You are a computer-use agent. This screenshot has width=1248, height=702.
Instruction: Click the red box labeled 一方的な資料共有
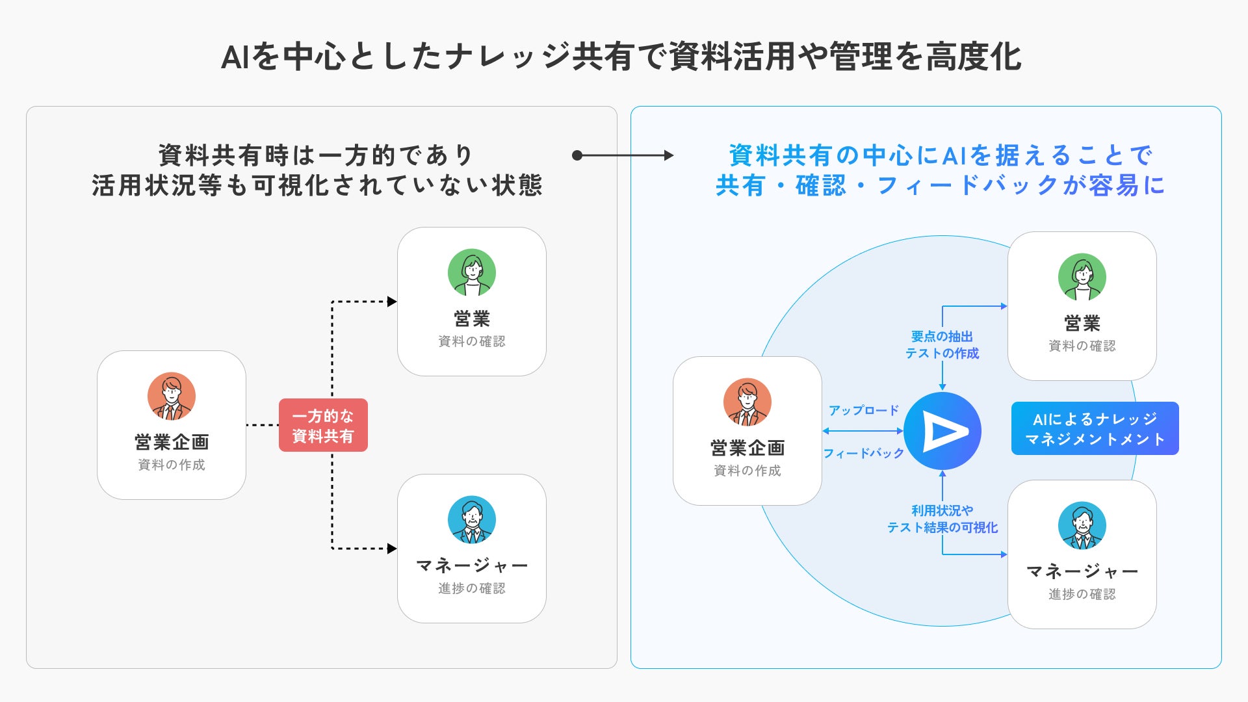click(x=323, y=425)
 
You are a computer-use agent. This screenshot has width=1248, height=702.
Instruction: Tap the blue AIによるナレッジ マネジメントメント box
click(x=1095, y=428)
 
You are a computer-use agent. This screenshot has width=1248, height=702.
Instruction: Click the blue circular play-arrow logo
click(x=942, y=431)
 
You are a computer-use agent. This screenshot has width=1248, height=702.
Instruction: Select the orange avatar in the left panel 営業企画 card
click(x=172, y=396)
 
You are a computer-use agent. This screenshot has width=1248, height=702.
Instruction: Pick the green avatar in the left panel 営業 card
click(x=472, y=272)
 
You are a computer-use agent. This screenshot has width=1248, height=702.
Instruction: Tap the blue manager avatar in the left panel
click(x=472, y=519)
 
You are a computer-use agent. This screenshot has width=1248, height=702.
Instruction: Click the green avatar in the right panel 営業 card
click(x=1082, y=277)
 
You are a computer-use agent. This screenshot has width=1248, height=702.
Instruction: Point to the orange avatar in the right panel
click(x=747, y=402)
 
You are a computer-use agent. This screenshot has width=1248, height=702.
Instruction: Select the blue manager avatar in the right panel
click(x=1082, y=525)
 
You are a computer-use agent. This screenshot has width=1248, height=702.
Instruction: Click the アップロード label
click(x=863, y=410)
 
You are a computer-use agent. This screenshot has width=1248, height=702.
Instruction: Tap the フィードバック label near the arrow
click(x=863, y=453)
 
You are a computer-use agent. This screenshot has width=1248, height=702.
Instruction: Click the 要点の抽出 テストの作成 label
click(x=942, y=344)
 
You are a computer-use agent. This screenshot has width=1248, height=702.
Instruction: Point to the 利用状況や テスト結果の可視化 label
click(x=942, y=519)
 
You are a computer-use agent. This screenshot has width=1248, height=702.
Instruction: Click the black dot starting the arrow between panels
click(x=577, y=155)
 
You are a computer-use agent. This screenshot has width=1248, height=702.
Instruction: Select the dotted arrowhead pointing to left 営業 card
click(x=392, y=302)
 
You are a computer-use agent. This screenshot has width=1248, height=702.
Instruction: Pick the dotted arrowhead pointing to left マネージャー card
click(x=392, y=549)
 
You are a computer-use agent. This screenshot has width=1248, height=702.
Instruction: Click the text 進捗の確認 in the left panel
click(x=472, y=588)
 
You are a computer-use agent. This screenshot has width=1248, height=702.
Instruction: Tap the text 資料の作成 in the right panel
click(x=747, y=471)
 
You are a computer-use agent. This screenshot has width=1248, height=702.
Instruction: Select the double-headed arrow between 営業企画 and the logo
click(x=863, y=431)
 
